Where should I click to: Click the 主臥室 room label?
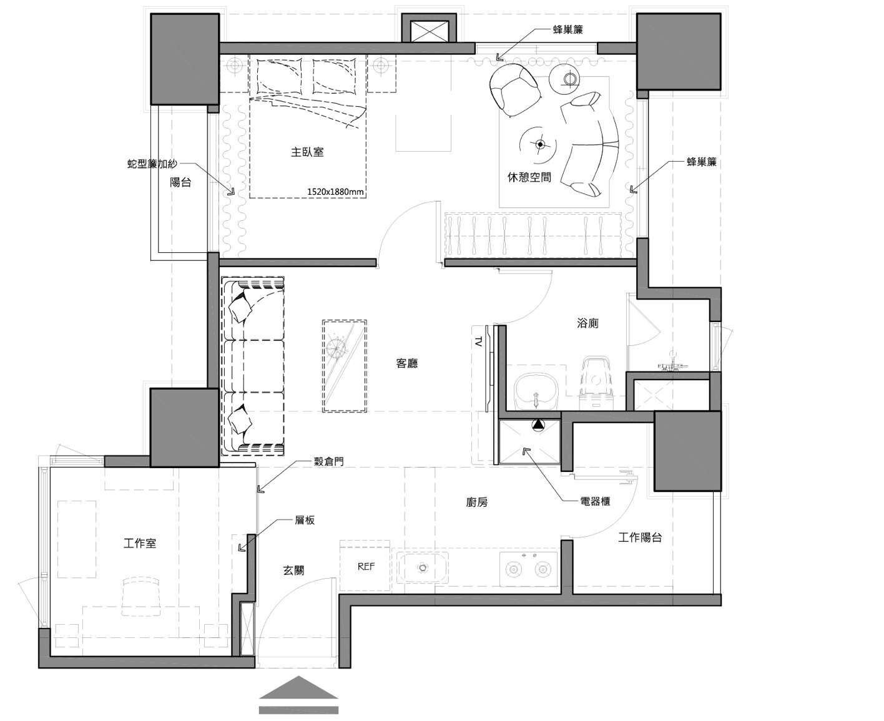[x=307, y=152]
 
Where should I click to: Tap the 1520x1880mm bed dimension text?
[x=335, y=192]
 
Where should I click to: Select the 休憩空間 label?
[x=529, y=177]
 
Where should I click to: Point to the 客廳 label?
[x=406, y=363]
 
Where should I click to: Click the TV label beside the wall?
[x=478, y=341]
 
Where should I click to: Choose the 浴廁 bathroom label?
[x=587, y=323]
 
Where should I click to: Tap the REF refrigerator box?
[x=365, y=566]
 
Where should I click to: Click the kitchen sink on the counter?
[x=422, y=568]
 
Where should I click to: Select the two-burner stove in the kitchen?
[x=528, y=569]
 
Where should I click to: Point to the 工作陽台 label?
[x=640, y=537]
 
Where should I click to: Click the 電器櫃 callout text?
[x=595, y=501]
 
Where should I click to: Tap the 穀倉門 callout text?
[x=329, y=462]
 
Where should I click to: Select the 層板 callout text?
[x=305, y=520]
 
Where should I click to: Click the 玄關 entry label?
[x=293, y=570]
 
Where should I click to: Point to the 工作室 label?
[x=140, y=544]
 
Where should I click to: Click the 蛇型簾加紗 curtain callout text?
[x=152, y=164]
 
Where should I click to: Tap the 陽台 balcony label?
[x=180, y=182]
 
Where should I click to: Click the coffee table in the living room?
[x=344, y=366]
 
